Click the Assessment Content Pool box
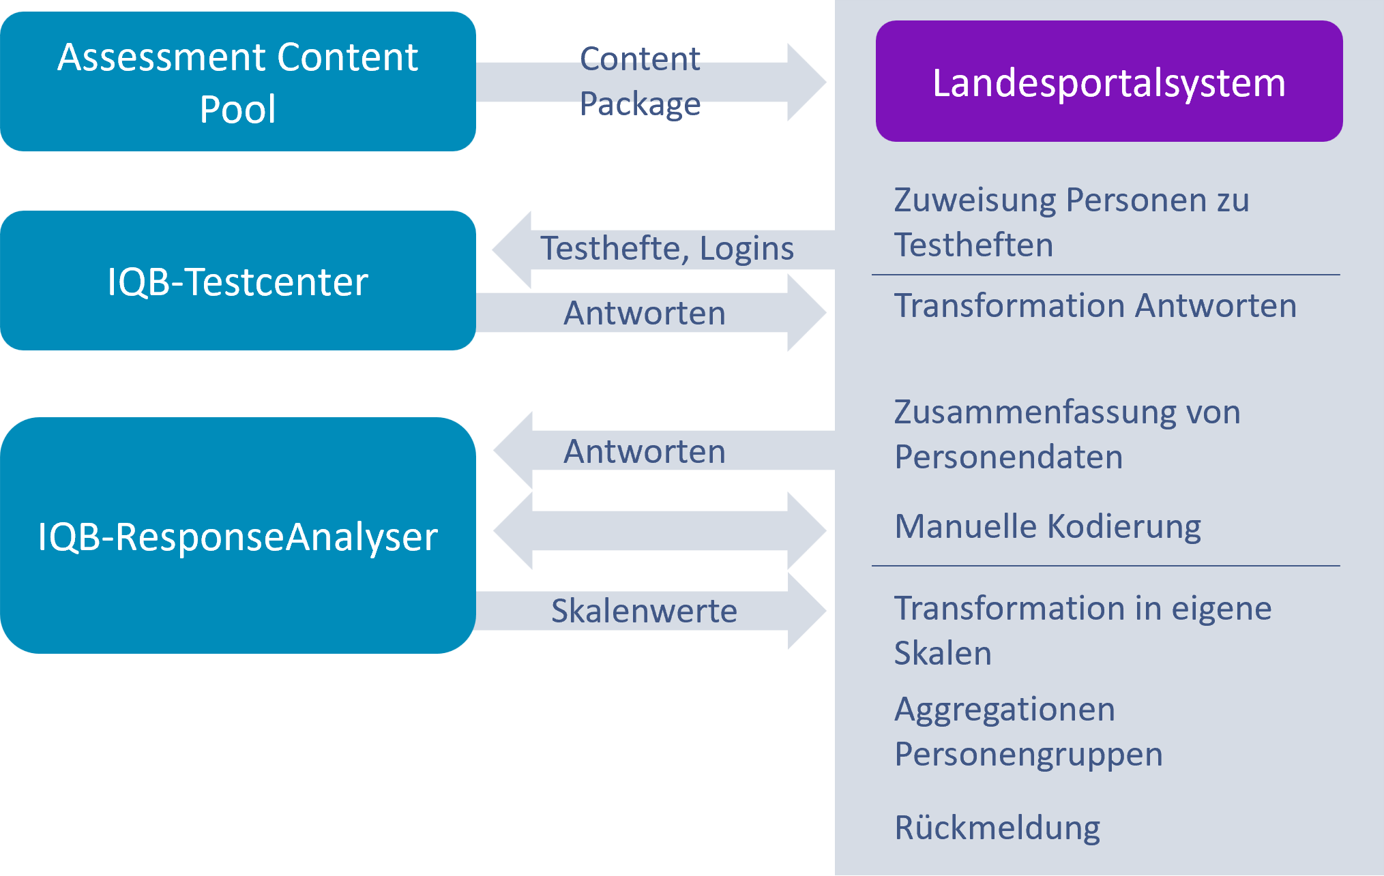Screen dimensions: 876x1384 237,82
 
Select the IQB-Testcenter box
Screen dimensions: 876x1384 237,281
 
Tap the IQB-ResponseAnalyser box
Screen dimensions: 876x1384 237,536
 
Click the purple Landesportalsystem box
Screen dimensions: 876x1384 1109,82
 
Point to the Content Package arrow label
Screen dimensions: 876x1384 640,81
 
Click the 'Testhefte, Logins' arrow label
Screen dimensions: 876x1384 667,248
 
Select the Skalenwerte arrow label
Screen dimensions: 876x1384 644,611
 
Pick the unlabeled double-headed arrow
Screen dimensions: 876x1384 660,530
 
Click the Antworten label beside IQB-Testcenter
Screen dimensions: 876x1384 644,313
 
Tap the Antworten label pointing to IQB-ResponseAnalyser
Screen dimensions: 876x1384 644,451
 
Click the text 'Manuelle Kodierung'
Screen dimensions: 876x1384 1048,527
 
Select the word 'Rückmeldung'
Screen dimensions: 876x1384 997,828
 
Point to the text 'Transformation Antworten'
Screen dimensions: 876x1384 1095,305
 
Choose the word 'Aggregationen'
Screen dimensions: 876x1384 1005,710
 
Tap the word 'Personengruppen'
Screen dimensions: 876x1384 1029,755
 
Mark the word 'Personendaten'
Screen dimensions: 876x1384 1008,457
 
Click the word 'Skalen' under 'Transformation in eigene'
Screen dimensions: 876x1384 943,653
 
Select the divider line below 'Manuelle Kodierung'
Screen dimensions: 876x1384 1106,566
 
